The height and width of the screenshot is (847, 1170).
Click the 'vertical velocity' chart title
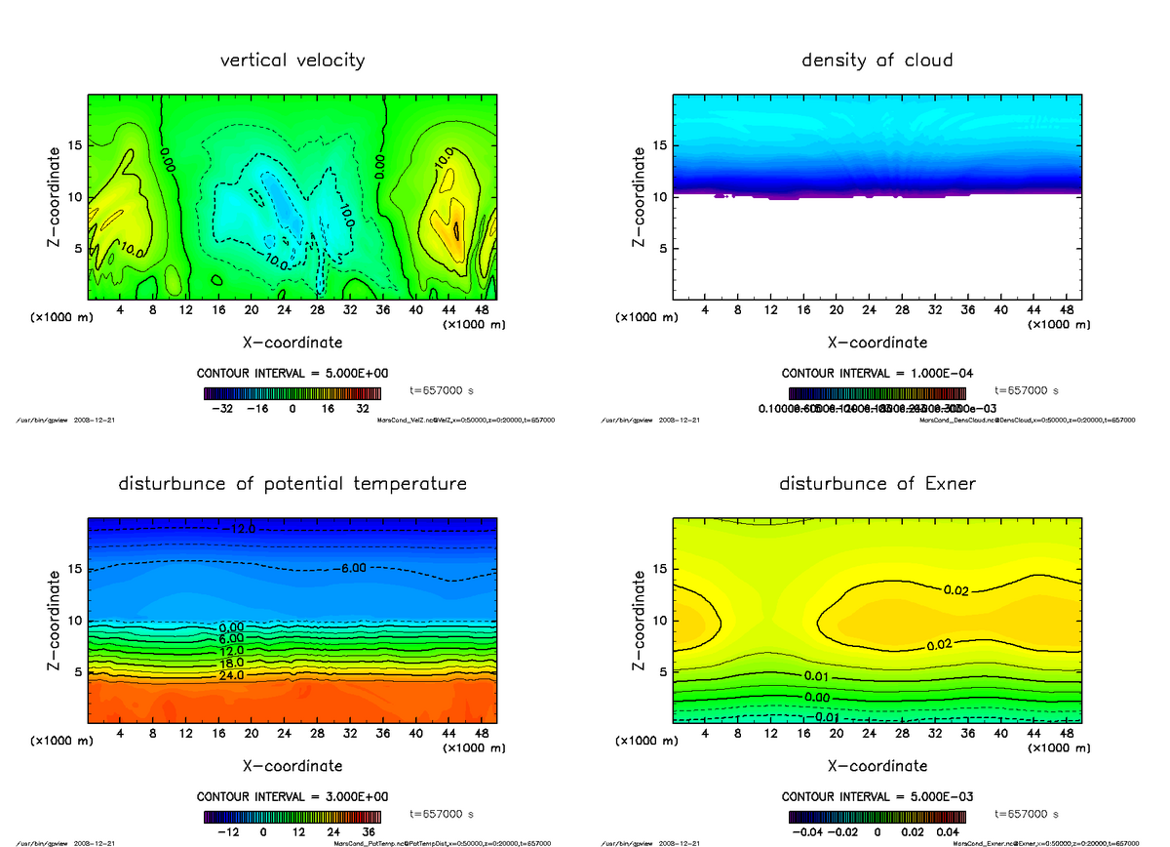(x=292, y=60)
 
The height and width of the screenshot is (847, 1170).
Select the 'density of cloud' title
(x=877, y=60)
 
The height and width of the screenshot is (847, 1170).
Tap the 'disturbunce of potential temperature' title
(x=292, y=484)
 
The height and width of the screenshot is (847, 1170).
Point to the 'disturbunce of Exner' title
(x=877, y=484)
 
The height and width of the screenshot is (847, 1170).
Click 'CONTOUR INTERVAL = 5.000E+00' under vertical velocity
(x=292, y=374)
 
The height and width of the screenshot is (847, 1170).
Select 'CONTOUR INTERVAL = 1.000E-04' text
(x=877, y=374)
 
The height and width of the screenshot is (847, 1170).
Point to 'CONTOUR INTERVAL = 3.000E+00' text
(x=292, y=796)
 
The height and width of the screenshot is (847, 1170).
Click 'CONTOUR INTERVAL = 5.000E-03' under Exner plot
(x=877, y=796)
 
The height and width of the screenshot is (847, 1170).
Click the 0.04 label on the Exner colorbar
(x=948, y=832)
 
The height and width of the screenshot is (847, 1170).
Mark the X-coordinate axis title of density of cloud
(x=877, y=343)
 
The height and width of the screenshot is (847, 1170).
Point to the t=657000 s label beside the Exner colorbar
(x=1027, y=813)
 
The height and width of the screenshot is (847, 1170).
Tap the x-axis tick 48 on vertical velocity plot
(x=482, y=310)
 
